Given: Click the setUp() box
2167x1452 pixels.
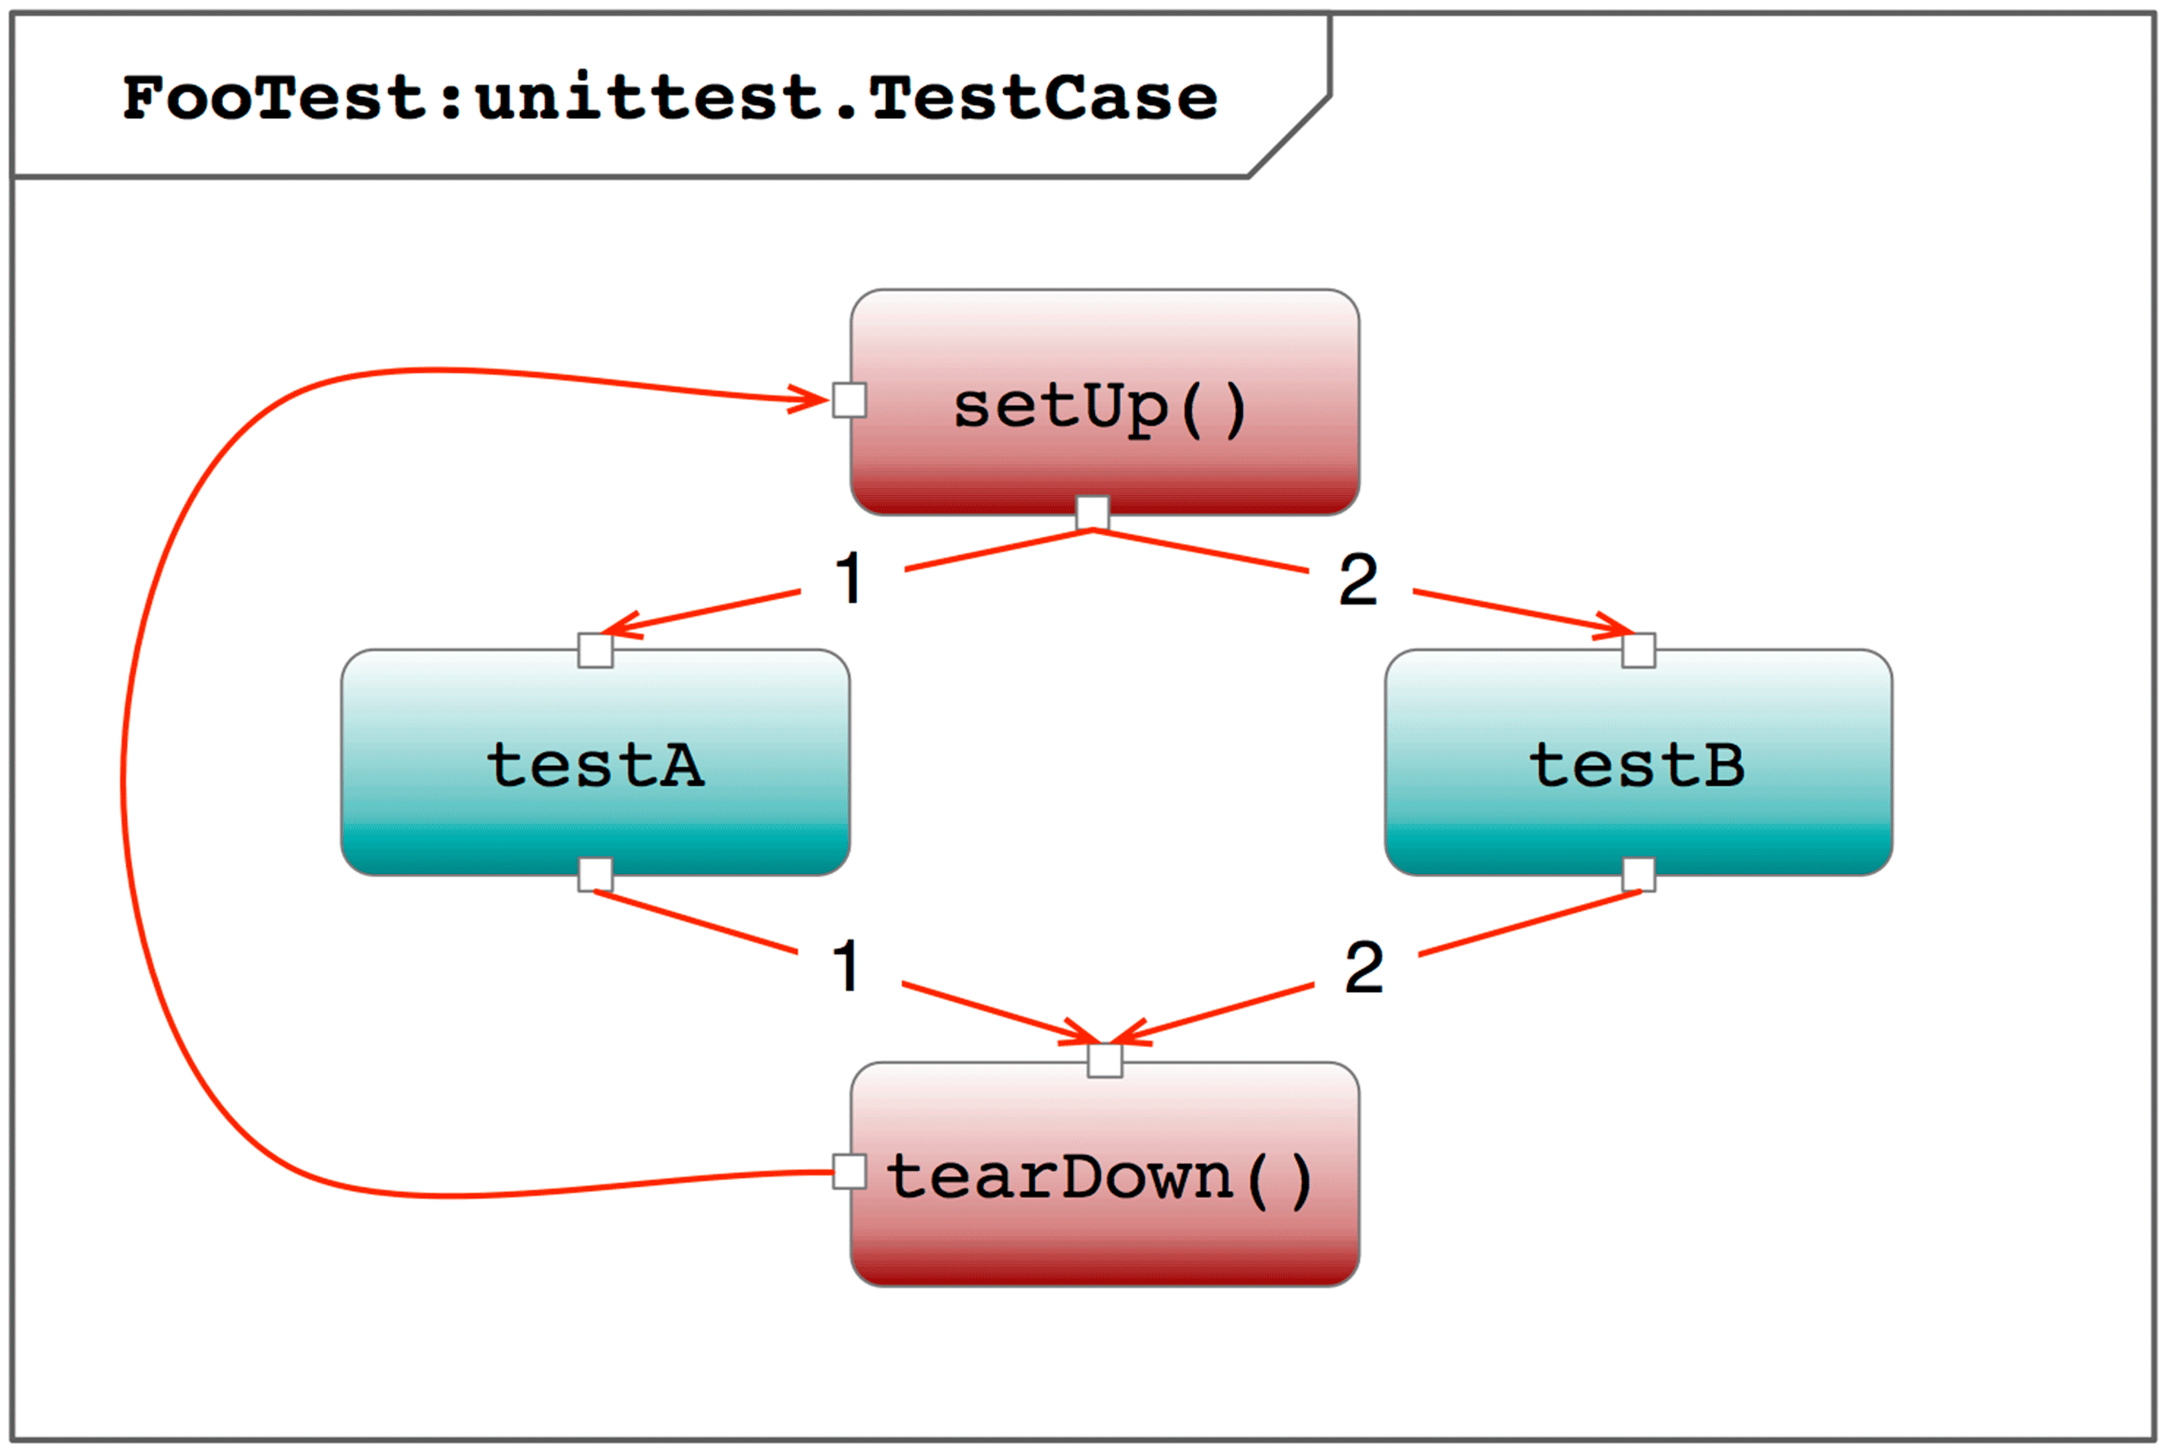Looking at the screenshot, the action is point(1105,402).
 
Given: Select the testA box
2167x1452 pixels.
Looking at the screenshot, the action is point(595,762).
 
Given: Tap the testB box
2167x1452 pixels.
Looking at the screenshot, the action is point(1638,762).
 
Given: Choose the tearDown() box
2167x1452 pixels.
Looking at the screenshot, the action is point(1105,1174).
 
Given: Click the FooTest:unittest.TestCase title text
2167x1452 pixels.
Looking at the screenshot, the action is point(670,97).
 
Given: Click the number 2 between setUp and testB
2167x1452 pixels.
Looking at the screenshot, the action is point(1359,580).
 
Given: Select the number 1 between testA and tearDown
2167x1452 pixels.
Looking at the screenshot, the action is point(845,967).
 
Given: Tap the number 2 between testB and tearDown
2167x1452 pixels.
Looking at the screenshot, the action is point(1364,967).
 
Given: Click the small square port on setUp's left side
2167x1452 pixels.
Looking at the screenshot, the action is point(850,400).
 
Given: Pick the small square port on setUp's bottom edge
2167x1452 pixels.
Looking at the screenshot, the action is point(1092,513).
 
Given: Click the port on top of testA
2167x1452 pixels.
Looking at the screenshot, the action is point(595,650).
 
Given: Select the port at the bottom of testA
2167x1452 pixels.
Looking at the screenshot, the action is point(595,874).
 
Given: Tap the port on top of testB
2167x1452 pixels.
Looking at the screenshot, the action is point(1638,650).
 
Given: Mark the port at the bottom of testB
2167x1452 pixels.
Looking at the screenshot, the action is point(1638,874).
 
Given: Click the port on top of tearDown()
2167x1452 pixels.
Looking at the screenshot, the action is point(1105,1060).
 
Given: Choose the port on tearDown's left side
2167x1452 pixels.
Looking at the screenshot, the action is point(850,1172).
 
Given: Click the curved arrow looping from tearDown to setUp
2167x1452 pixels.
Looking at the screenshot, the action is point(123,778).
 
